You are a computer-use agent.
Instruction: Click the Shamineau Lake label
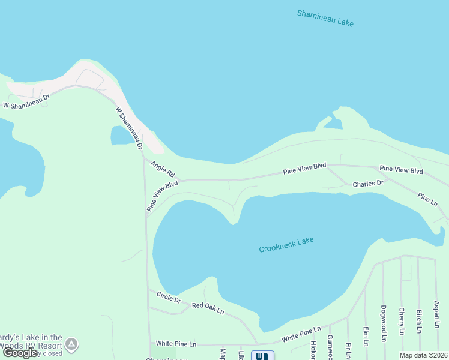point(325,17)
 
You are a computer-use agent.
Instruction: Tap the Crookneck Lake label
point(286,245)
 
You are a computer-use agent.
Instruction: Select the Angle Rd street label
point(162,169)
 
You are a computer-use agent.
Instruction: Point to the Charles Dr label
point(367,184)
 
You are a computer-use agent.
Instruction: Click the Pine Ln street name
point(427,197)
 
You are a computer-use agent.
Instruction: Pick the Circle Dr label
point(169,296)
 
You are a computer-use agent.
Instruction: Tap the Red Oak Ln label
point(208,308)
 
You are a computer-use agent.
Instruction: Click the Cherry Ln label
point(401,322)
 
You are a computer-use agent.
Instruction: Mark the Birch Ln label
point(418,321)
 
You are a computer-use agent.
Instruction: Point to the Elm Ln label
point(365,336)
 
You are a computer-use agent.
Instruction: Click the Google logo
point(20,353)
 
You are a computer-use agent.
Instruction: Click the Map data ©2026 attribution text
point(424,355)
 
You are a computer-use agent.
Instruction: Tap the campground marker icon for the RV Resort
point(71,344)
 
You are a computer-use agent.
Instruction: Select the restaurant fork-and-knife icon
point(262,355)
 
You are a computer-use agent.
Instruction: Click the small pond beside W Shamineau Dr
point(122,136)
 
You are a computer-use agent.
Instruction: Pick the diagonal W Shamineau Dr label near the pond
point(129,128)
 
